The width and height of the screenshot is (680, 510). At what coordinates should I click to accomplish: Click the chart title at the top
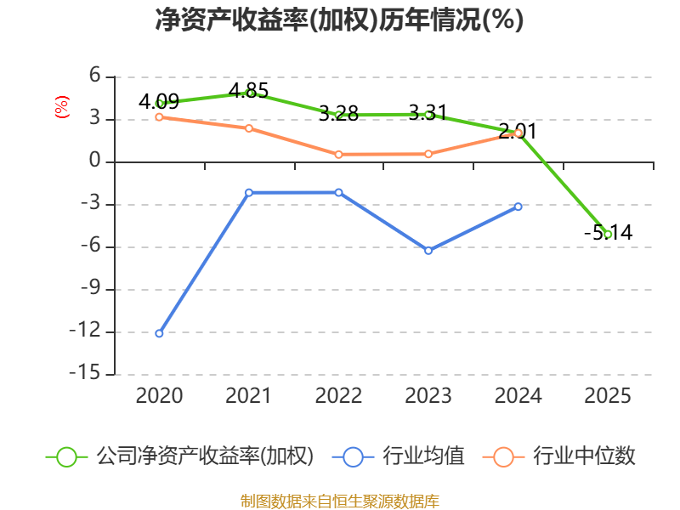(339, 20)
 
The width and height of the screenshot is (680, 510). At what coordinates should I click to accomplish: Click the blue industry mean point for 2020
(159, 333)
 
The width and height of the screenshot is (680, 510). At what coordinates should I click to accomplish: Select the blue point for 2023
(428, 251)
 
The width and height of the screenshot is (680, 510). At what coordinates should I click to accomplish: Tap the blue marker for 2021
(249, 193)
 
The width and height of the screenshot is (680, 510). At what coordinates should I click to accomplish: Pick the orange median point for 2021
(249, 128)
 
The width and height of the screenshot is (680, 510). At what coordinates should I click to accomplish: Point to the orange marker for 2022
(338, 155)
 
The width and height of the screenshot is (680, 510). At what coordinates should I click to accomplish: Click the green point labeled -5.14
(608, 235)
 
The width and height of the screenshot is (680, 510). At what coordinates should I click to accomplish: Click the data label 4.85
(248, 91)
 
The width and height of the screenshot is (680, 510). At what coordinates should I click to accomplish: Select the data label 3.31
(428, 113)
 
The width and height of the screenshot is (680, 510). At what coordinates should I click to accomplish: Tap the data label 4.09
(159, 101)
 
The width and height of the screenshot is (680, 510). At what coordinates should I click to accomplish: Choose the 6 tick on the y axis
(95, 76)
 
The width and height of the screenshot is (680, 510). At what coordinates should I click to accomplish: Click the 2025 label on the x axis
(608, 396)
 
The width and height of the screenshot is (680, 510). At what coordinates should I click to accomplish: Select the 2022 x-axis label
(338, 396)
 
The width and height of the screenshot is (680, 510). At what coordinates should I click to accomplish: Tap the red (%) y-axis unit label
(62, 107)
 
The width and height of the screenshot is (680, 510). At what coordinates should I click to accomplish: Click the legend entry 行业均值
(398, 456)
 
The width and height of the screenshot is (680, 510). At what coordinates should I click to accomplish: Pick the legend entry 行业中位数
(559, 456)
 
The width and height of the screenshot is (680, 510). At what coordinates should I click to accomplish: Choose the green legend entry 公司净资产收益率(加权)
(179, 456)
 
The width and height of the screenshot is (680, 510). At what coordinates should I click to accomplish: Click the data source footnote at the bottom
(340, 501)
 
